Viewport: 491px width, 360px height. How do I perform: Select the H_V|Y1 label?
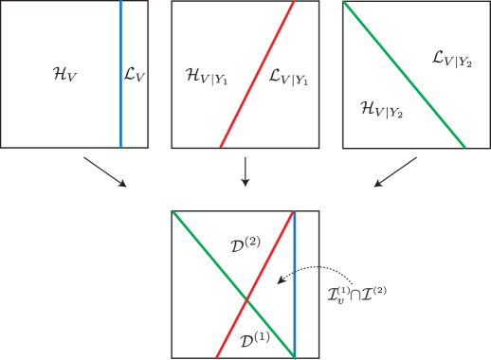pos(206,75)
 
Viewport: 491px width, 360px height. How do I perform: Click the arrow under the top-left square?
pos(104,171)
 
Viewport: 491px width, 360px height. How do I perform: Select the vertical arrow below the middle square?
pos(245,171)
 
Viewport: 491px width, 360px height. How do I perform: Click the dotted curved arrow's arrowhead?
pos(279,281)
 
